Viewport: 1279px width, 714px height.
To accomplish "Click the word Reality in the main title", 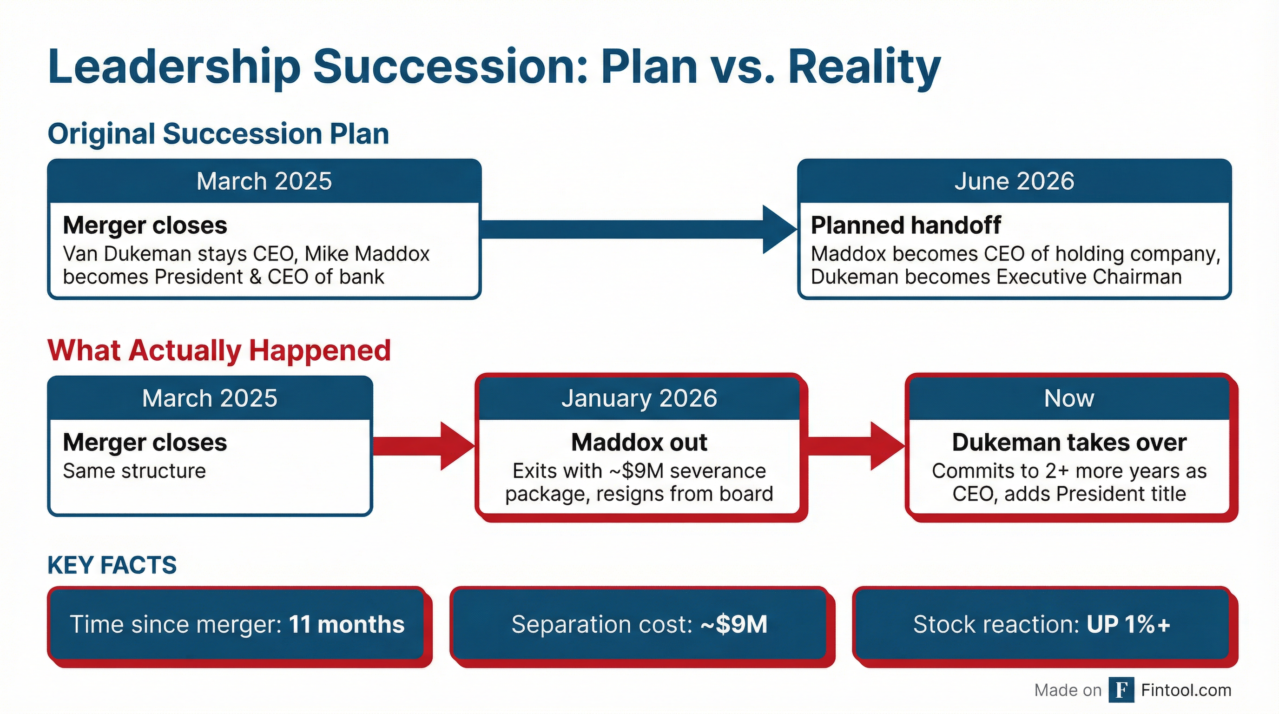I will pos(864,67).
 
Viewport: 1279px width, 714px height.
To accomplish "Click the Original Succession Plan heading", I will pos(218,134).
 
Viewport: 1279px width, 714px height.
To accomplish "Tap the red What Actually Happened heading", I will pos(219,350).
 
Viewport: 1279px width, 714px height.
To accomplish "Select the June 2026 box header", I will pos(1014,181).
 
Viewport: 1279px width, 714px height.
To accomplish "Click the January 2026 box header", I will pos(639,398).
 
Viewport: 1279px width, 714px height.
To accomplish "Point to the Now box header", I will pos(1069,398).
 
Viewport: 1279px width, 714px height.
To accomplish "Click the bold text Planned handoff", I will pos(906,225).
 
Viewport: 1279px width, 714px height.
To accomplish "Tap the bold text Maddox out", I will pos(639,443).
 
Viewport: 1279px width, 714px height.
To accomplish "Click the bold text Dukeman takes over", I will pos(1069,443).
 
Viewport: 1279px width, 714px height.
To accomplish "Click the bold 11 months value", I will pos(347,625).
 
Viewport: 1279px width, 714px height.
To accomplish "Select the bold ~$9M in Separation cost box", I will pos(734,625).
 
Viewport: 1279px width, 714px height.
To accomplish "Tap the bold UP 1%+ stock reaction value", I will pos(1128,625).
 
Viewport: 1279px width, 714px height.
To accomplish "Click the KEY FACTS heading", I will pos(112,565).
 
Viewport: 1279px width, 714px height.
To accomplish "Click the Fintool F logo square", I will pos(1121,690).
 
